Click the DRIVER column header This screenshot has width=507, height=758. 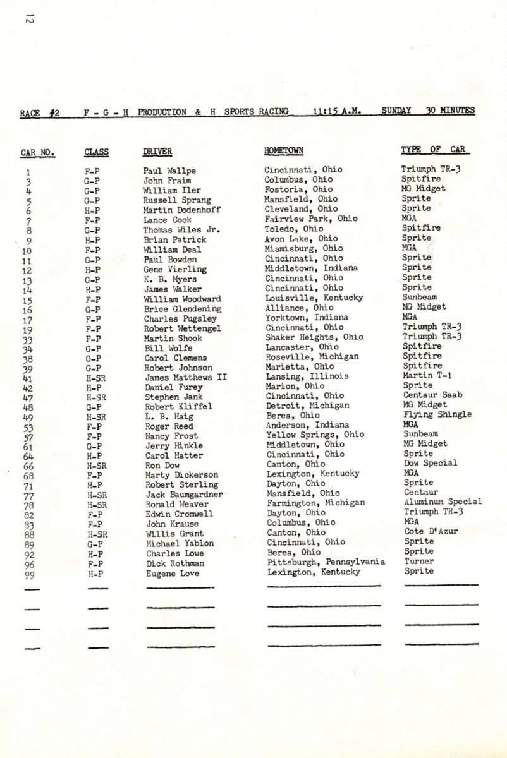point(157,152)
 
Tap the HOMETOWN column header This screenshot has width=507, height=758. point(283,150)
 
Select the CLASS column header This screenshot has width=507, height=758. point(96,152)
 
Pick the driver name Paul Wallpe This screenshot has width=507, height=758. point(169,171)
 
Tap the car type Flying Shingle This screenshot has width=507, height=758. point(437,414)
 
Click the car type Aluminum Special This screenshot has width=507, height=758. point(443,502)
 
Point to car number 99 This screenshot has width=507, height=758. point(29,575)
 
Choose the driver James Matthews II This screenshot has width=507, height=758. point(186,378)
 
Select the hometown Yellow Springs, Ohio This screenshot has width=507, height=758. point(315,434)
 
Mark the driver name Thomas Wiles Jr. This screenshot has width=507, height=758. point(181,230)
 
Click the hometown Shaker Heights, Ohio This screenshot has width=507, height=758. point(306,337)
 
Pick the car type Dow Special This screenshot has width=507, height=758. point(430,463)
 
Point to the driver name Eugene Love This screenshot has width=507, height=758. point(172,574)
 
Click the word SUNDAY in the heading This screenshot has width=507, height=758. point(396,111)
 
